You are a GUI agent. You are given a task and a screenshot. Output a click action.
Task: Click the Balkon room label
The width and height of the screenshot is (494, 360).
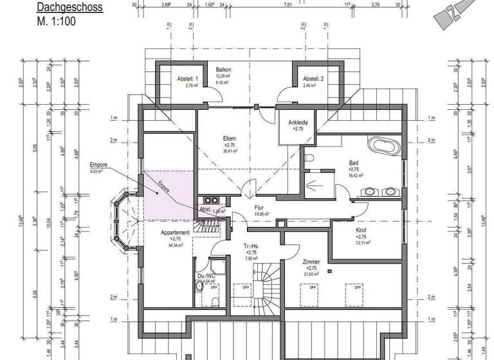point(223,69)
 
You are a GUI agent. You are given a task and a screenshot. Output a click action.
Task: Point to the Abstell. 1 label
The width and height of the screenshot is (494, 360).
point(188,78)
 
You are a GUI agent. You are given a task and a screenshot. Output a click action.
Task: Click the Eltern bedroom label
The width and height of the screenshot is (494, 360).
point(229,138)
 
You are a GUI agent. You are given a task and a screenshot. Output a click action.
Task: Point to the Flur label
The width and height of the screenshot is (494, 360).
point(259,208)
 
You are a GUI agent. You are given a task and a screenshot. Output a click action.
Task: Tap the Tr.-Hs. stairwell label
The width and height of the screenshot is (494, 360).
point(251,247)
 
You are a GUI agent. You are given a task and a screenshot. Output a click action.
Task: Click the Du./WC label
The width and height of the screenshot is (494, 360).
point(205,275)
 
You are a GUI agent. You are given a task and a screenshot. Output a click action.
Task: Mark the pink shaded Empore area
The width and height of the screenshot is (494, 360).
point(166,193)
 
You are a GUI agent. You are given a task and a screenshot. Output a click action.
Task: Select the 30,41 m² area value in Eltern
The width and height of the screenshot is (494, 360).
point(230,152)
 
